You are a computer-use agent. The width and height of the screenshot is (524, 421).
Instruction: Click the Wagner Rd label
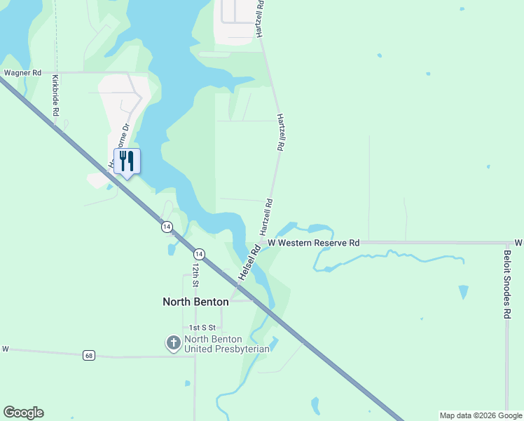(x=22, y=72)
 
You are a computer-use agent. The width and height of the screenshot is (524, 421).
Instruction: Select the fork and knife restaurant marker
(x=127, y=161)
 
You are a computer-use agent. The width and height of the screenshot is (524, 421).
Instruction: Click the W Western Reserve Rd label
(x=313, y=242)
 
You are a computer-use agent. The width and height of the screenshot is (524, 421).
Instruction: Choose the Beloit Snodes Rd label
(x=506, y=284)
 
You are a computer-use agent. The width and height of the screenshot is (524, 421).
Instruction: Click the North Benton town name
(x=195, y=302)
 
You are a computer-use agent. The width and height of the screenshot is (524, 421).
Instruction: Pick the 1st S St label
(x=201, y=328)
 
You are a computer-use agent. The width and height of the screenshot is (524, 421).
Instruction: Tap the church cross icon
(x=173, y=343)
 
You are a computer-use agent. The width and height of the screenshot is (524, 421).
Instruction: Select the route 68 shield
(x=88, y=355)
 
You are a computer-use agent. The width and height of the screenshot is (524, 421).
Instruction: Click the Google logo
(x=23, y=413)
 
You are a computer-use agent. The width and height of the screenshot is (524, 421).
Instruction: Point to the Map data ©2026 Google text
(x=481, y=415)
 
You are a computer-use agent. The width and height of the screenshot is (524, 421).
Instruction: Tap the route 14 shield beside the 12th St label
(x=200, y=253)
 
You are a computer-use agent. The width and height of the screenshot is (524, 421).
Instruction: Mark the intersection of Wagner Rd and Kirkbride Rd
(x=55, y=72)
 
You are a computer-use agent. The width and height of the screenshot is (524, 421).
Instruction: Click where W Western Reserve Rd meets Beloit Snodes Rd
(x=506, y=243)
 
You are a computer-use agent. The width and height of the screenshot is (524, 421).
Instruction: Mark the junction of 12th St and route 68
(x=195, y=356)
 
